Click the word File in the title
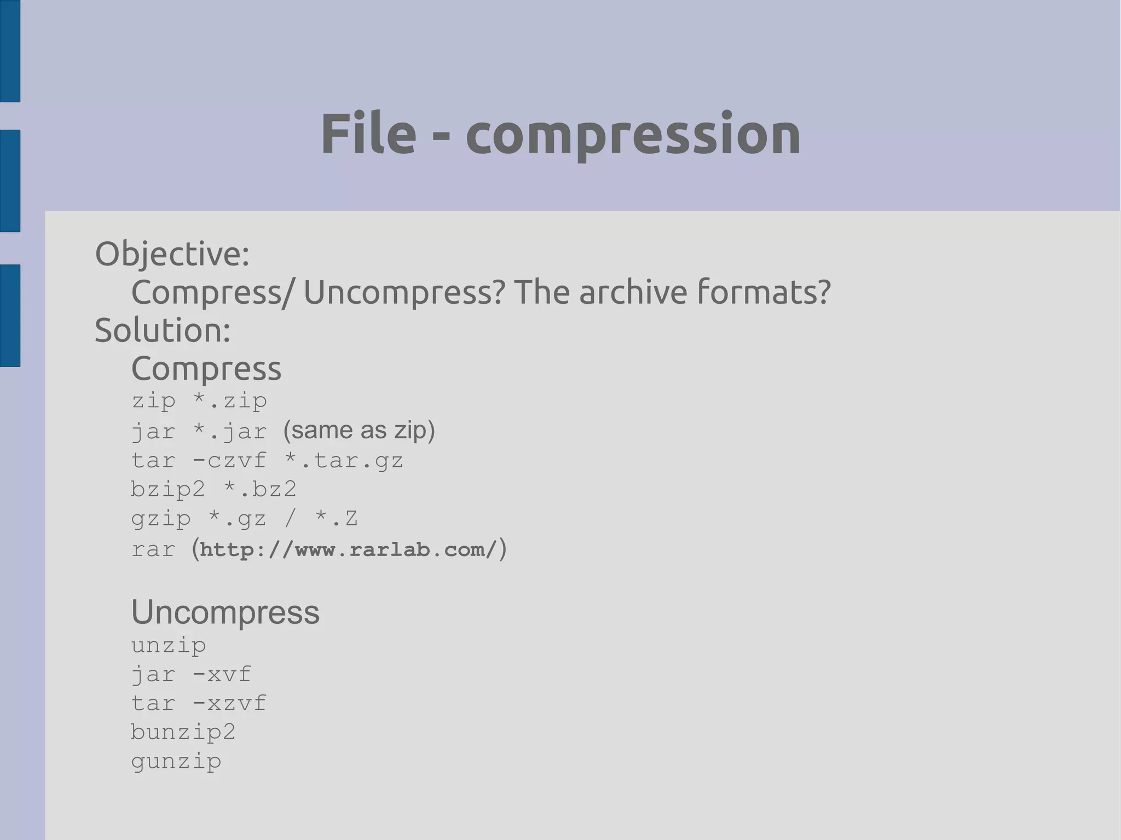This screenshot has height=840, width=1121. (368, 134)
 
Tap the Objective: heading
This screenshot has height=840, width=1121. (172, 254)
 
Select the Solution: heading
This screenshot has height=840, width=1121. (163, 331)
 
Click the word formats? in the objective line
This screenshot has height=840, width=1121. (764, 292)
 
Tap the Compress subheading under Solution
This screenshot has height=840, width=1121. (206, 368)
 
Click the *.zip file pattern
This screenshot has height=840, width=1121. (230, 401)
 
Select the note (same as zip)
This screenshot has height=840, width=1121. (359, 430)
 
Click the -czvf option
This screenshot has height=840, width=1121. (229, 460)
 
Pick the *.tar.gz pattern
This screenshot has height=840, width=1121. (344, 460)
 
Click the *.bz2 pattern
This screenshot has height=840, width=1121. (260, 489)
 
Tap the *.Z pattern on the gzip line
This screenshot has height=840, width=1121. (337, 518)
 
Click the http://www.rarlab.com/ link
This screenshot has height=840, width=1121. (349, 549)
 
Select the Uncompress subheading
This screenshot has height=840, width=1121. (225, 612)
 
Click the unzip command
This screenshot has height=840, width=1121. (169, 645)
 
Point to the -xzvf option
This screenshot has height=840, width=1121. (229, 703)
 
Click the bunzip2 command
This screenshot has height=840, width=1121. (183, 732)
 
